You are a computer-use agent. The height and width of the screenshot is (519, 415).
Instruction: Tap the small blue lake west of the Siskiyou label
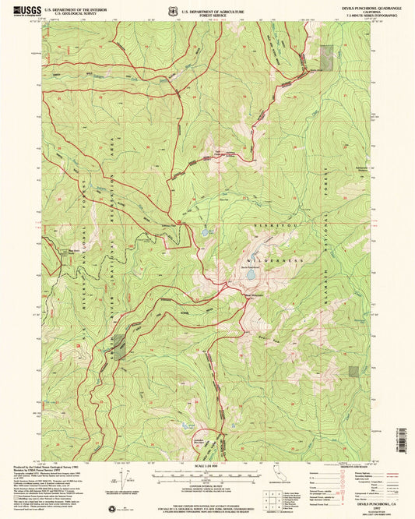pos(206,232)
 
